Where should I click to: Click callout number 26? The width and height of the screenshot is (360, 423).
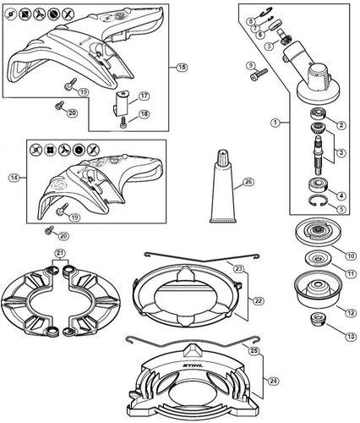[x=248, y=182]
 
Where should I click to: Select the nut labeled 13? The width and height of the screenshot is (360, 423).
[x=318, y=319]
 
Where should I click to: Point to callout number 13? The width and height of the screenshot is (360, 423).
[x=351, y=337]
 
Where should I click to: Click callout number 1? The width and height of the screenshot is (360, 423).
[x=275, y=123]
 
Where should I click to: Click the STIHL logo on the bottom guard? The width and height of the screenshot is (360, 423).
[x=193, y=366]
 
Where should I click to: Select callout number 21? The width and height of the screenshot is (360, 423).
[x=60, y=254]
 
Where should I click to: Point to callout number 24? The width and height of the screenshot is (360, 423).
[x=273, y=382]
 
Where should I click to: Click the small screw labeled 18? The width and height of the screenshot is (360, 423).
[x=123, y=123]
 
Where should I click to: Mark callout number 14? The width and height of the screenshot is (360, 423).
[x=14, y=178]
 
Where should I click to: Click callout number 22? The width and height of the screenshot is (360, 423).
[x=258, y=301]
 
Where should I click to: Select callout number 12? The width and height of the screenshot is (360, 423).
[x=351, y=313]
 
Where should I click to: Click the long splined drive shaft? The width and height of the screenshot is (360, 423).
[x=319, y=155]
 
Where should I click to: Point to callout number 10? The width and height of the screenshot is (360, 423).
[x=351, y=255]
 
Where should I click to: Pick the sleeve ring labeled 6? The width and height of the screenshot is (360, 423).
[x=274, y=28]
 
